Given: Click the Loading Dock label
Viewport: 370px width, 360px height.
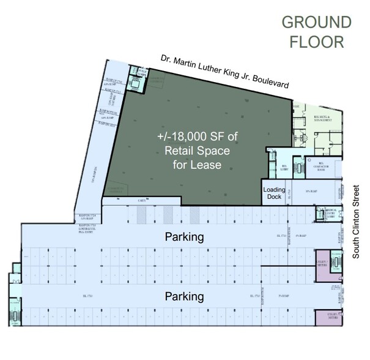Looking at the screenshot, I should (275, 193).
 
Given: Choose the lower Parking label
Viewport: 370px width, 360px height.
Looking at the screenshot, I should (183, 297).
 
